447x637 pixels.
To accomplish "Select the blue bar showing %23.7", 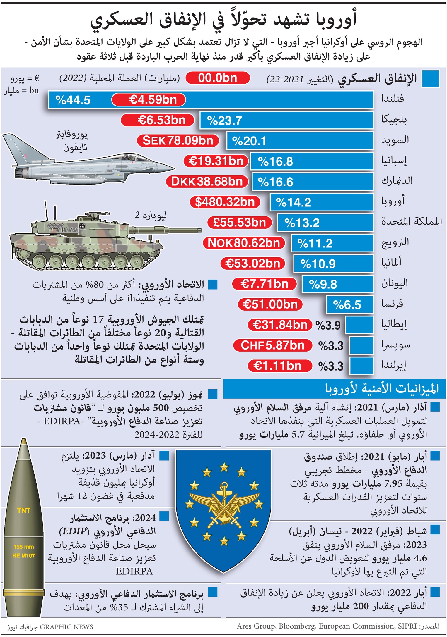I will pyautogui.click(x=286, y=120).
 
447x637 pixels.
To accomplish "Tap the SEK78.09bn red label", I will pyautogui.click(x=178, y=141).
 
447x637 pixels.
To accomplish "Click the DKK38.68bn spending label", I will pyautogui.click(x=207, y=182).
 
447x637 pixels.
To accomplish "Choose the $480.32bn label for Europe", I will pyautogui.click(x=225, y=202).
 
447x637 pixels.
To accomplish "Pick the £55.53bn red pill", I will pyautogui.click(x=239, y=223).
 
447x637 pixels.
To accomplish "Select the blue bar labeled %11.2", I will pyautogui.click(x=332, y=243).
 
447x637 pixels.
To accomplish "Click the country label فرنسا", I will pyautogui.click(x=392, y=304).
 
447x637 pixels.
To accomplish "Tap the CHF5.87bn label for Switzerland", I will pyautogui.click(x=272, y=345).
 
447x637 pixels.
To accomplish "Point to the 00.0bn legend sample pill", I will pyautogui.click(x=217, y=78).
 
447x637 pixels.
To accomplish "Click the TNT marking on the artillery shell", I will pyautogui.click(x=24, y=510).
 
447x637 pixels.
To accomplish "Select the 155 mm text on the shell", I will pyautogui.click(x=24, y=547).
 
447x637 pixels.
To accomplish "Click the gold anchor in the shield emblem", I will pyautogui.click(x=224, y=494).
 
